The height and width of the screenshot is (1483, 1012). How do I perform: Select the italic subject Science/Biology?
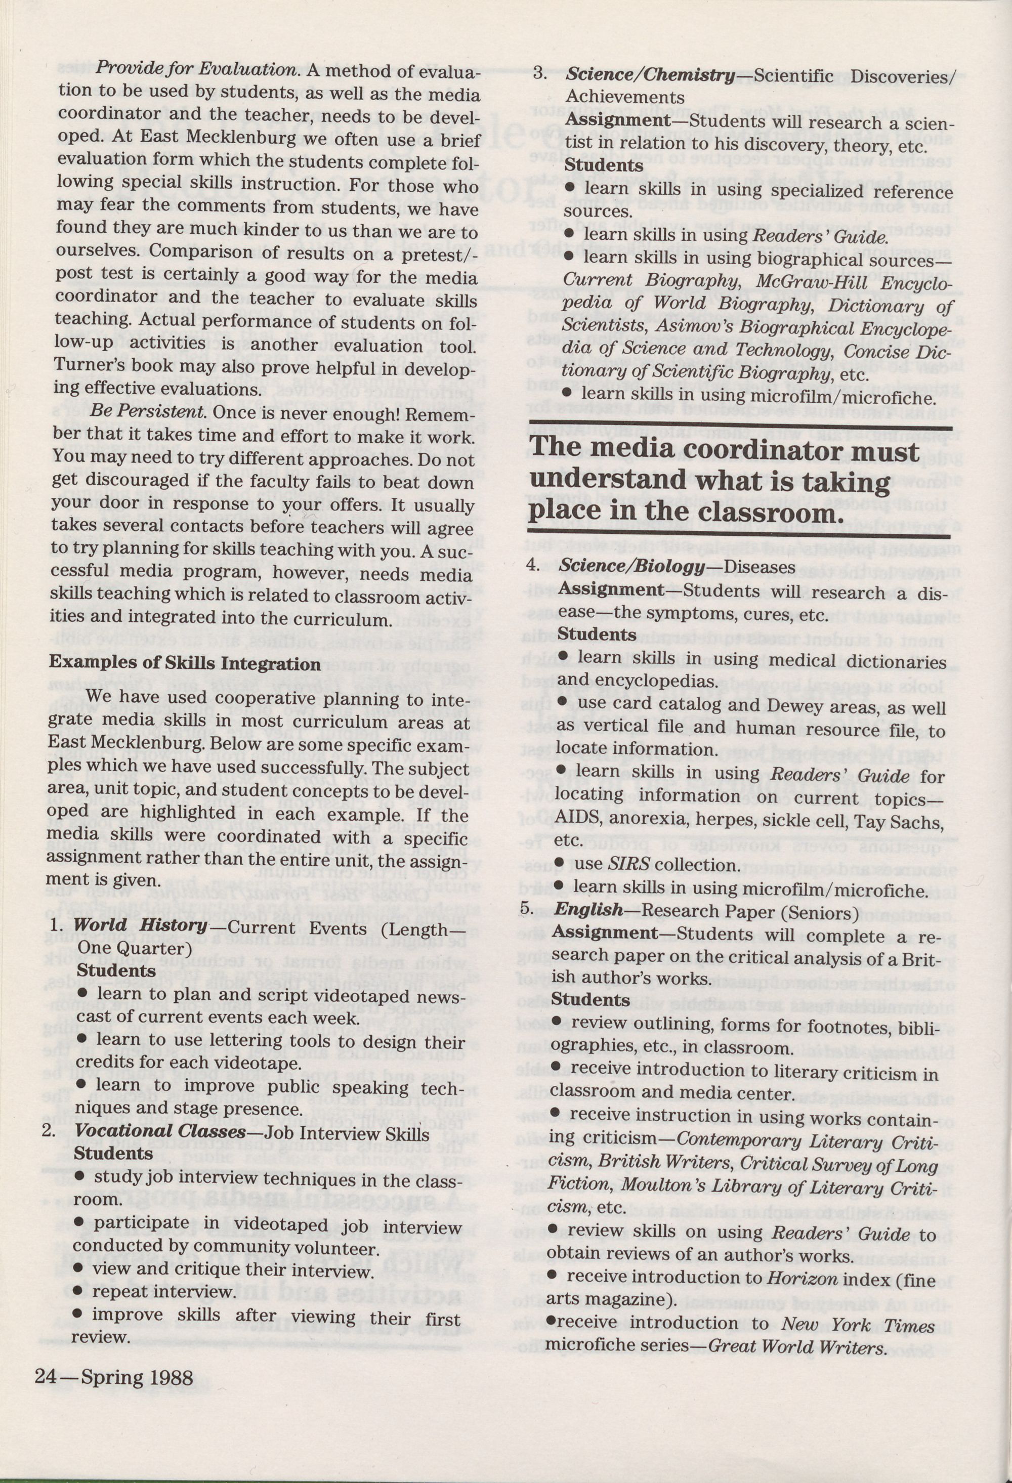pos(631,566)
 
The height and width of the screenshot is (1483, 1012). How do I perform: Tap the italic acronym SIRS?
pos(628,865)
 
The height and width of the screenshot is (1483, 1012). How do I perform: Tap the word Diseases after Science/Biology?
pos(760,567)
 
